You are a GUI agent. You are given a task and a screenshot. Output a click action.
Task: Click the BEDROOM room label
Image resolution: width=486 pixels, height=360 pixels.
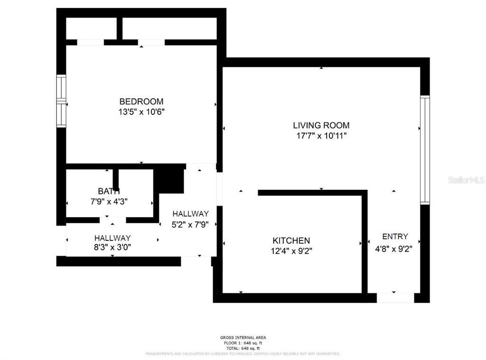(x=141, y=102)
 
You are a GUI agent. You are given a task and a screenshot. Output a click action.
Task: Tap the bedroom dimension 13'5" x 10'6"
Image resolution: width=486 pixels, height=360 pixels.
(x=141, y=112)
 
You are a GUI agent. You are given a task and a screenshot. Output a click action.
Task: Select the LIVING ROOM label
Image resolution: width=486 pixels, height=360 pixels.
(x=321, y=126)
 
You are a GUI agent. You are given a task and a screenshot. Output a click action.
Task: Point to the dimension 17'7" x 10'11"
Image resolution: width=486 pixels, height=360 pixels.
(x=321, y=136)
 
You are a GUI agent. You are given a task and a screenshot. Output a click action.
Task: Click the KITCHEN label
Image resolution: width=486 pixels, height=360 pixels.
(x=291, y=241)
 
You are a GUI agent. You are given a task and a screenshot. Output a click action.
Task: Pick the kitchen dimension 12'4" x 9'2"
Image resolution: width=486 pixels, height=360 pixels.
(x=291, y=251)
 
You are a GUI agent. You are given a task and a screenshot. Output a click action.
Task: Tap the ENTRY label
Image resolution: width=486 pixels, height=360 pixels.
(x=394, y=237)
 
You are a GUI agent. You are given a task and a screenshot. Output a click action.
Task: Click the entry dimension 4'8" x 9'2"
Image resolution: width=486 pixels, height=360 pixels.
(x=394, y=248)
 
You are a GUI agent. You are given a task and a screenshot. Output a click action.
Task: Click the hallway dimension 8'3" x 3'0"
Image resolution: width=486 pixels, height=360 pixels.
(x=112, y=247)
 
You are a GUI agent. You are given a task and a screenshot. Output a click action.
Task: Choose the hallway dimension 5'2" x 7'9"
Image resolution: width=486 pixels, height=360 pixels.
(x=190, y=224)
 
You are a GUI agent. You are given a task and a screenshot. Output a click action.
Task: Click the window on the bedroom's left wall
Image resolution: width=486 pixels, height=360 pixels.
(x=61, y=101)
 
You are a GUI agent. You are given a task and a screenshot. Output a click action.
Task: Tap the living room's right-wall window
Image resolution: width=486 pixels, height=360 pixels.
(x=425, y=150)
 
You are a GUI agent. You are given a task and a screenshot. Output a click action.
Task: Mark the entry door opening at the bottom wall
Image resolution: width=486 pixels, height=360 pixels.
(x=395, y=298)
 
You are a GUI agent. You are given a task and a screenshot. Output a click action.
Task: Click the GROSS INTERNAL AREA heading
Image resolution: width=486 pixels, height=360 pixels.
(x=243, y=338)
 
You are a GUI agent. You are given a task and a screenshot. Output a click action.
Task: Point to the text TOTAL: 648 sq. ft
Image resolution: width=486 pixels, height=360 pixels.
(x=243, y=348)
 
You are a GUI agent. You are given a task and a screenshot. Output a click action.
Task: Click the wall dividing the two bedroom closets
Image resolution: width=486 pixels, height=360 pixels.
(x=120, y=28)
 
